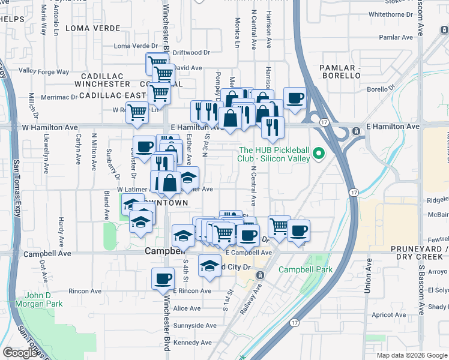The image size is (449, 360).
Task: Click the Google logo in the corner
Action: (x=20, y=353)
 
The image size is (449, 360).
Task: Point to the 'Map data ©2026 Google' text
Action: (x=411, y=355)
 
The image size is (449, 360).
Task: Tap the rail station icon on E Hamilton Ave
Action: (x=356, y=130)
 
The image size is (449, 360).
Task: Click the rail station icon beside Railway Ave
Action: (x=260, y=275)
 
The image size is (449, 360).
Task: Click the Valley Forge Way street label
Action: (x=44, y=71)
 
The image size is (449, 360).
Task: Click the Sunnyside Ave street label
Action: (x=194, y=325)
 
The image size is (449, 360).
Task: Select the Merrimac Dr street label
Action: (x=59, y=97)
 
